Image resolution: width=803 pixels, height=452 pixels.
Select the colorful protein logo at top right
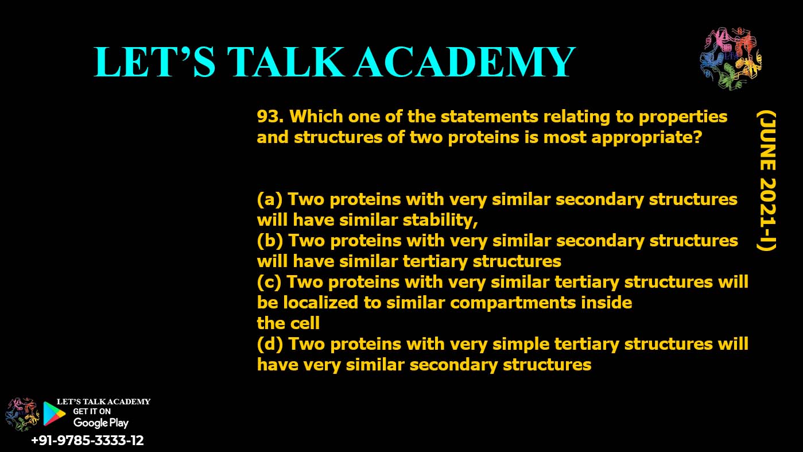[731, 59]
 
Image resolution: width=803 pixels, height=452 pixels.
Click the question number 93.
[270, 117]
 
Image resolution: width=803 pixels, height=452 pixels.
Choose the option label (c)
[269, 282]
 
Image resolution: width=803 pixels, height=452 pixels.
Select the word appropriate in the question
[646, 138]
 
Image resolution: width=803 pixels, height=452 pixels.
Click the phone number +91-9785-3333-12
[87, 441]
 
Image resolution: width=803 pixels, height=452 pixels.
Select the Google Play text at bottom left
[100, 423]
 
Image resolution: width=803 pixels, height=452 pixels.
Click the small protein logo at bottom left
[21, 414]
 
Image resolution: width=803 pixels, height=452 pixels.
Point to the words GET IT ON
[92, 411]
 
